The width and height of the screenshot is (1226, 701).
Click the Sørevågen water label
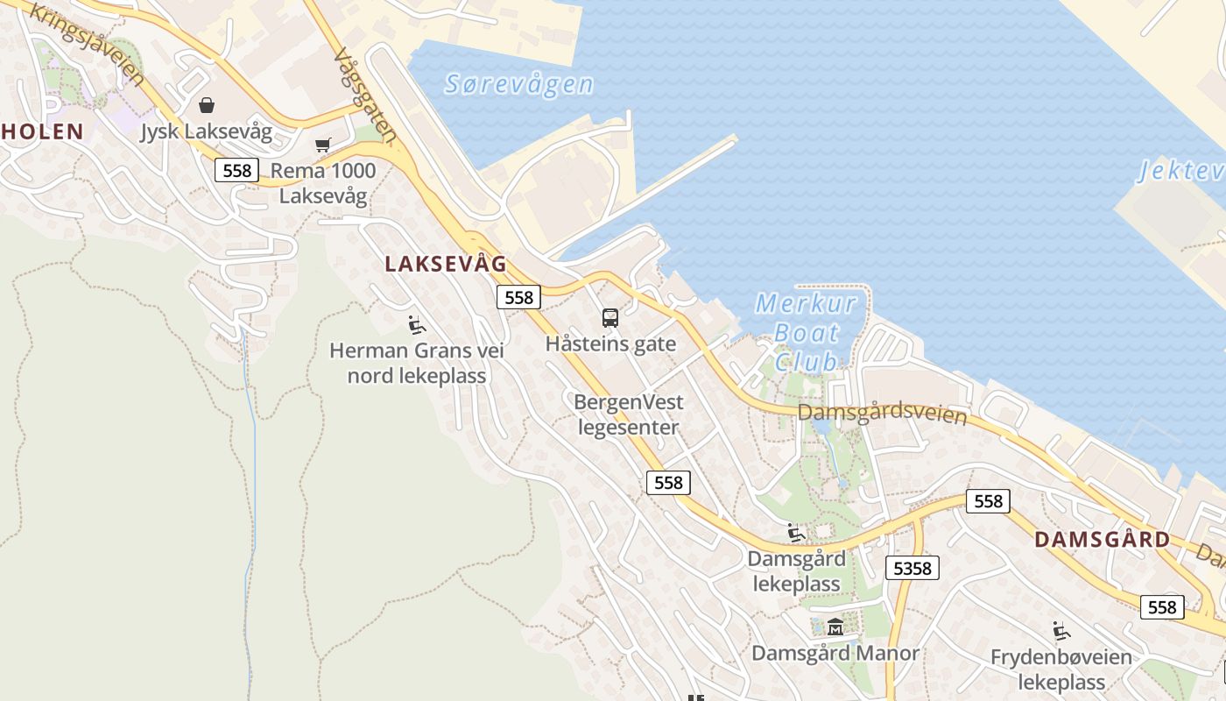coord(518,84)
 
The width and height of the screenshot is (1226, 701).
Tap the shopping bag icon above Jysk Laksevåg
coord(207,106)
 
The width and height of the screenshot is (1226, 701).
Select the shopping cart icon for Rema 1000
coord(323,145)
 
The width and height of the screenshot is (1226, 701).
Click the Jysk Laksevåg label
coord(207,133)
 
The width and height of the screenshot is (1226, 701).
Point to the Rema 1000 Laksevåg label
coord(323,183)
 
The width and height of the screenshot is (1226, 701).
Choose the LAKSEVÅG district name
coord(446,263)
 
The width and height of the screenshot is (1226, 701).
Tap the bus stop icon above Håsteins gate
coord(610,318)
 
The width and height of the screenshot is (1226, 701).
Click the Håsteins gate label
coord(610,343)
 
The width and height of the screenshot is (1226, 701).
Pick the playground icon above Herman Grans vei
coord(417,326)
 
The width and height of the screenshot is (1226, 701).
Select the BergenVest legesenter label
coord(628,414)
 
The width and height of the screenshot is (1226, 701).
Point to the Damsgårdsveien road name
coord(882,413)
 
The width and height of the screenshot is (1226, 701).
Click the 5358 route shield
coord(912,568)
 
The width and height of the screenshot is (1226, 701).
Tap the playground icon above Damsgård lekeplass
coord(796,533)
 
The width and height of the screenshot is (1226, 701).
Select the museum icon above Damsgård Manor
coord(835,627)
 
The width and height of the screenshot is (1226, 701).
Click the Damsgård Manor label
coord(835,654)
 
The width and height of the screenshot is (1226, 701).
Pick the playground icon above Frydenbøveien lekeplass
coord(1061,631)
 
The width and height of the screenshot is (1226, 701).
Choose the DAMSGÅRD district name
coord(1102,540)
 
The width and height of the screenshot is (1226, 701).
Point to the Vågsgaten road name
coord(364,95)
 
